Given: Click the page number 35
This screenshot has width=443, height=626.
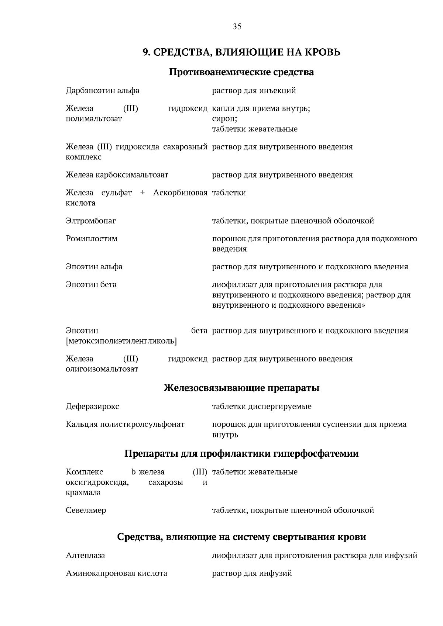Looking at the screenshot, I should click(x=237, y=27).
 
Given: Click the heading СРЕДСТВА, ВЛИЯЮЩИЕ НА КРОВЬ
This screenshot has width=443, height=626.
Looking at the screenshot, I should click(x=246, y=52).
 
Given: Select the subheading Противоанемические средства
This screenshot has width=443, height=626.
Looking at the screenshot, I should click(x=241, y=72).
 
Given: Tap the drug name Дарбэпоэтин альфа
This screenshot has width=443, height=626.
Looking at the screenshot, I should click(x=103, y=91).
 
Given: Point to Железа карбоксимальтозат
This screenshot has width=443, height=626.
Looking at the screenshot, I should click(x=117, y=175).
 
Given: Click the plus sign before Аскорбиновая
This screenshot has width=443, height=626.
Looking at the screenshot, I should click(x=142, y=193).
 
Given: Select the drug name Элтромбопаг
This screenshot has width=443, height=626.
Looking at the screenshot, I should click(x=91, y=221).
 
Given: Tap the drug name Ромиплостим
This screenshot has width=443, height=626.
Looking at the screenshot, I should click(x=92, y=239).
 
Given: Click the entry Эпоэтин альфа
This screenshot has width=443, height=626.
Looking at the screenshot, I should click(x=94, y=267).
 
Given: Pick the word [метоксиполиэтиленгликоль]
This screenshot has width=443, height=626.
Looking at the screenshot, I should click(x=121, y=341).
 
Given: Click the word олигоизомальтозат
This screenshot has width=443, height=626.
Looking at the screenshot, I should click(x=102, y=369).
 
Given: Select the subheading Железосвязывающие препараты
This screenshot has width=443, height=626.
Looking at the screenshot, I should click(x=241, y=388).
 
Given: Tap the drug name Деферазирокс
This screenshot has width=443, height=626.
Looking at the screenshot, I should click(x=92, y=407).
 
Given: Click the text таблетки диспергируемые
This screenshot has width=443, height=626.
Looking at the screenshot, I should click(x=261, y=407).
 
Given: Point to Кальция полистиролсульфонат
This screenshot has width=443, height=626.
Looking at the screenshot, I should click(x=125, y=424).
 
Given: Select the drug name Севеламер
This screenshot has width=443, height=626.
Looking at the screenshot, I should click(x=86, y=511).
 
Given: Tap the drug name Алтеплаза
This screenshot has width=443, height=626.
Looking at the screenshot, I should click(x=85, y=556).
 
